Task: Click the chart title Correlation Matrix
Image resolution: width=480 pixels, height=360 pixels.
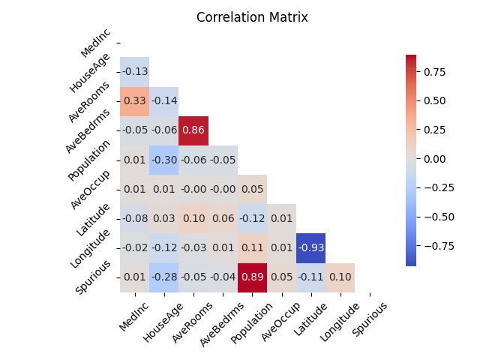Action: pyautogui.click(x=252, y=17)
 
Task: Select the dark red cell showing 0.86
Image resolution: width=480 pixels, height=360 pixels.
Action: pyautogui.click(x=193, y=130)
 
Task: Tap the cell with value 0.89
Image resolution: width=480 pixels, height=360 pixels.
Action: pyautogui.click(x=252, y=277)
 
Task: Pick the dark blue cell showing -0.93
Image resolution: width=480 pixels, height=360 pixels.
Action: pyautogui.click(x=310, y=248)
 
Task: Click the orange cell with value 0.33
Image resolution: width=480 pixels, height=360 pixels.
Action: pyautogui.click(x=135, y=101)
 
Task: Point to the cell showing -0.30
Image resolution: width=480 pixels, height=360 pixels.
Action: pyautogui.click(x=164, y=160)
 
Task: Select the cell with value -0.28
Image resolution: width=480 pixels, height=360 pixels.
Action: pyautogui.click(x=164, y=277)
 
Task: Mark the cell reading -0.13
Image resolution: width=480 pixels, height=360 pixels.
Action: pyautogui.click(x=135, y=72)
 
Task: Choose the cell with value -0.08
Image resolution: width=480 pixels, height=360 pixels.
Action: pyautogui.click(x=135, y=219)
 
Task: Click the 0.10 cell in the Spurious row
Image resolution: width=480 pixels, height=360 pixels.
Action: pyautogui.click(x=340, y=277)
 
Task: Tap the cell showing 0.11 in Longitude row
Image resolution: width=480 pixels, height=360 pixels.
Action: pyautogui.click(x=252, y=248)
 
